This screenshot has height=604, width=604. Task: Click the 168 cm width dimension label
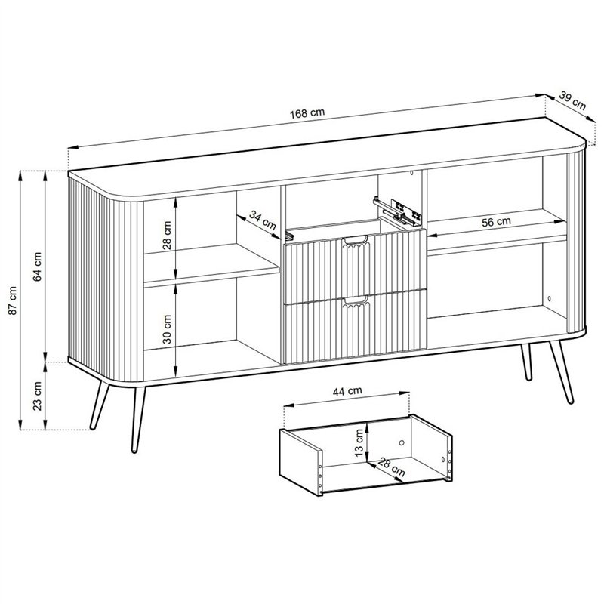pos(307,113)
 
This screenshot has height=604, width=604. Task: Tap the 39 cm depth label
pos(572,101)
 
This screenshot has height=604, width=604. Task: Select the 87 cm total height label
pos(13,300)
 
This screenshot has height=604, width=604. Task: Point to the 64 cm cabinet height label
pos(37,267)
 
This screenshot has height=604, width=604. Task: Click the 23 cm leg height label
pos(37,396)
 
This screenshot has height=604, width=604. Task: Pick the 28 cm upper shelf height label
pos(167,236)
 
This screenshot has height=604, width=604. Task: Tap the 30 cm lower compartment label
pos(167,329)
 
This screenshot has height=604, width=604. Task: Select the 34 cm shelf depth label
pos(263,220)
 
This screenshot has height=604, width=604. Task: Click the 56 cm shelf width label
pos(496,222)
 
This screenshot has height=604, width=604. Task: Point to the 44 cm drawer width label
pos(347,391)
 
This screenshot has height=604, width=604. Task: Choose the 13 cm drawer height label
pos(359,443)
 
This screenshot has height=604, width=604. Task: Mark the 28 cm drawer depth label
pos(391,467)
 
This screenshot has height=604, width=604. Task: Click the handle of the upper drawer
pos(356,241)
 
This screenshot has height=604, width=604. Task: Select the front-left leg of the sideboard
pos(138,419)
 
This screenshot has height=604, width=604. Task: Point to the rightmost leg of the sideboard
pos(562,372)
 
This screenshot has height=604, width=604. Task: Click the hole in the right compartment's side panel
pos(550,298)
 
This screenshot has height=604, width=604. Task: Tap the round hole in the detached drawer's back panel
pos(402,442)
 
